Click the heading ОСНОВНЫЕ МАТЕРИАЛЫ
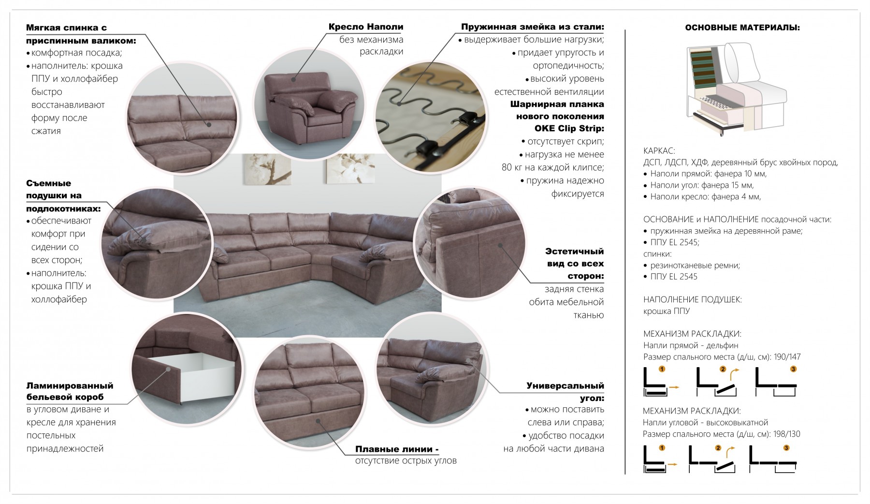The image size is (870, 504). (742, 28)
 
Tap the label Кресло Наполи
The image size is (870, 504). (366, 27)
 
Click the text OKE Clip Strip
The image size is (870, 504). (569, 129)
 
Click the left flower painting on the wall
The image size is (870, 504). (266, 169)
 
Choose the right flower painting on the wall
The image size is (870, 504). (350, 169)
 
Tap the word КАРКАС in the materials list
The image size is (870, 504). (659, 151)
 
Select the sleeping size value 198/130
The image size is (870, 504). (786, 434)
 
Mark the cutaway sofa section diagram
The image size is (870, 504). (735, 89)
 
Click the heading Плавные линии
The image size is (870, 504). (397, 449)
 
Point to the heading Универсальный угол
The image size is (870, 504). (565, 392)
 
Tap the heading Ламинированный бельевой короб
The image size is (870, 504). (70, 391)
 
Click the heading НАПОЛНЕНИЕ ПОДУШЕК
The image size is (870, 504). (693, 299)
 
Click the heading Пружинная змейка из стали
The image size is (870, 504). (532, 27)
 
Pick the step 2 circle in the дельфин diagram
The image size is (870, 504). (723, 369)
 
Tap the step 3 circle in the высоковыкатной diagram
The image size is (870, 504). (786, 448)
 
